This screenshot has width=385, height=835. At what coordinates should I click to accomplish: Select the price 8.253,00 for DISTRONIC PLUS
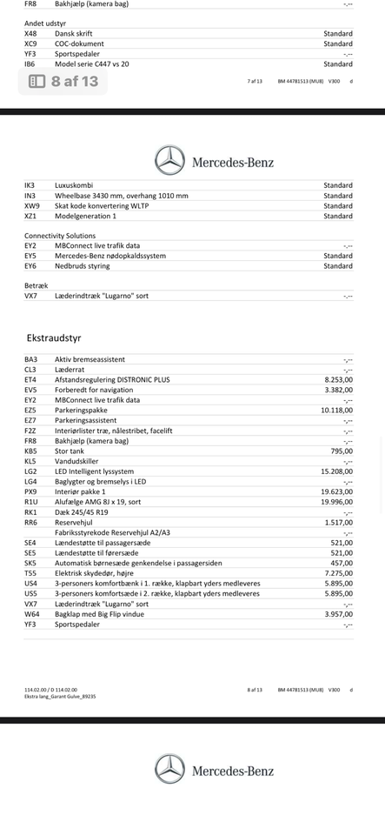coord(338,379)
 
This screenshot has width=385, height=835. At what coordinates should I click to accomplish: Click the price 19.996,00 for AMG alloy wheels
coord(336,502)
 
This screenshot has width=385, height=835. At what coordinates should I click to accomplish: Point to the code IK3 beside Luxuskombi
coord(30,185)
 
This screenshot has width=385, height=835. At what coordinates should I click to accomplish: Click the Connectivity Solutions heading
coord(60,236)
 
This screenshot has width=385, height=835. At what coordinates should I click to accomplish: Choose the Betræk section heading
coord(37,285)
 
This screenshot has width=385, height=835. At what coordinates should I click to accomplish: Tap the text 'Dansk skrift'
coord(73,33)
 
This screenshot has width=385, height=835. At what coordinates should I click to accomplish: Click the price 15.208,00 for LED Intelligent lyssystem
coord(336,471)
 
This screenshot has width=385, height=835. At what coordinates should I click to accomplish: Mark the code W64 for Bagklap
coord(31,614)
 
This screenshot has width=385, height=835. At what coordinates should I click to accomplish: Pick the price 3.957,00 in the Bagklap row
coord(338,614)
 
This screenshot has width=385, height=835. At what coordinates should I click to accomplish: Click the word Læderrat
coord(71,369)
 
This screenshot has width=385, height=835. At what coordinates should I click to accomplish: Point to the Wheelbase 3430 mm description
coord(121,196)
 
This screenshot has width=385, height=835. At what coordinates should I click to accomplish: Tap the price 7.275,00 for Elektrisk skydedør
coord(338,573)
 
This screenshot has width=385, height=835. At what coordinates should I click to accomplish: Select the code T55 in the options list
coord(30,573)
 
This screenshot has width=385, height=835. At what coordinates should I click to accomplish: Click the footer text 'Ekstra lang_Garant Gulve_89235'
coord(60,696)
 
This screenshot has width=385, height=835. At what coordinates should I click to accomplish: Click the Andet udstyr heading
coord(45,23)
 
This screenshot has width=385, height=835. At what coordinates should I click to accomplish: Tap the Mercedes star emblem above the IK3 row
coord(169,161)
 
